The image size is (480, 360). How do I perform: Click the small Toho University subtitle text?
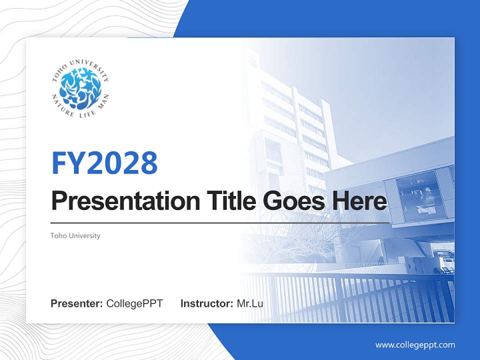coord(75,235)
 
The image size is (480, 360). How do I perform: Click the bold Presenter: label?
coord(77,303)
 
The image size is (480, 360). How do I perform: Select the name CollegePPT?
coord(134,303)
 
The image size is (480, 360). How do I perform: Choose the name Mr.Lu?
coord(250,303)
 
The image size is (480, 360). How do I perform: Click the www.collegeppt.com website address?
coord(415,345)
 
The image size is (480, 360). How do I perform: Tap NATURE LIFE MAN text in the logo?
coord(80,112)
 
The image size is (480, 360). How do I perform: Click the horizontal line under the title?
coord(220,222)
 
